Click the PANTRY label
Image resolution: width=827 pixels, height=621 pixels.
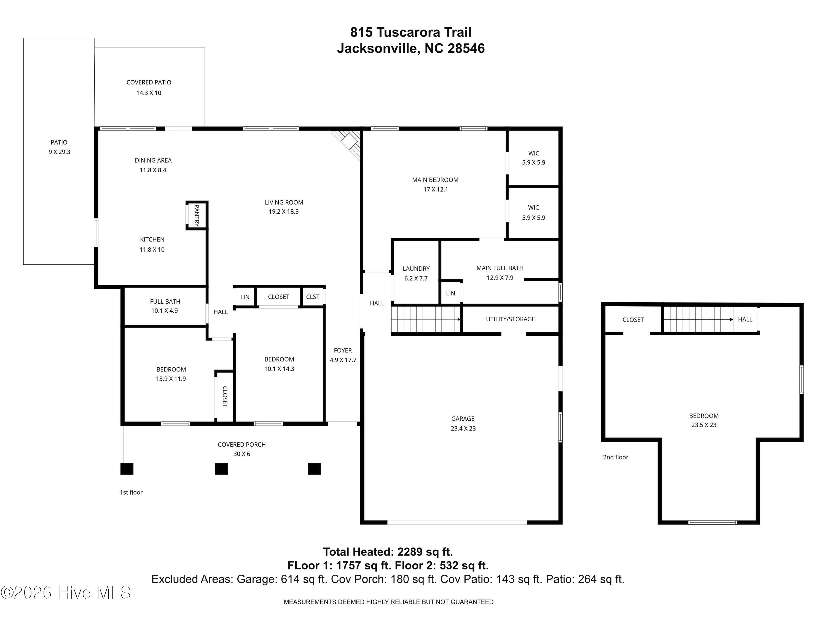(197, 215)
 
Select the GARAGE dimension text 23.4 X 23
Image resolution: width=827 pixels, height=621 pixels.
(463, 429)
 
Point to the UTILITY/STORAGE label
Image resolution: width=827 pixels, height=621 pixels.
(510, 319)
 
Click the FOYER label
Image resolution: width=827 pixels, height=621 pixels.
(343, 350)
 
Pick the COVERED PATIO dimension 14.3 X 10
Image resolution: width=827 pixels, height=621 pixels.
(149, 93)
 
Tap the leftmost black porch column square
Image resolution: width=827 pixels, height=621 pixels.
(127, 469)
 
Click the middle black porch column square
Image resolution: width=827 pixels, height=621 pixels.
(221, 469)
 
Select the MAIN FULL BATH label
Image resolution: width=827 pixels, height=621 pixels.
(500, 268)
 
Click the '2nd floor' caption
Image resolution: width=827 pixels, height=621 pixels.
(615, 457)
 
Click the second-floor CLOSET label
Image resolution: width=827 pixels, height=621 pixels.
(633, 320)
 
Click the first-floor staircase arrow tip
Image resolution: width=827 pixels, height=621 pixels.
(460, 319)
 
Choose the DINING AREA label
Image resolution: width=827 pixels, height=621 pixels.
(153, 160)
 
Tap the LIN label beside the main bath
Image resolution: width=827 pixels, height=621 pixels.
(450, 293)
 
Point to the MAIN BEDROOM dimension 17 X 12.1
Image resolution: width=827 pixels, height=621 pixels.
(436, 189)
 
